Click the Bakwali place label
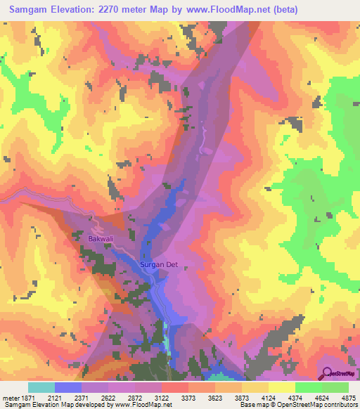click(x=101, y=239)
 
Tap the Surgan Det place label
click(x=162, y=265)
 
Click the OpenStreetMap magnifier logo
click(x=326, y=375)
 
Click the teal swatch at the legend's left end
click(x=41, y=387)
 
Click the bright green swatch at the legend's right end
click(x=335, y=387)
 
